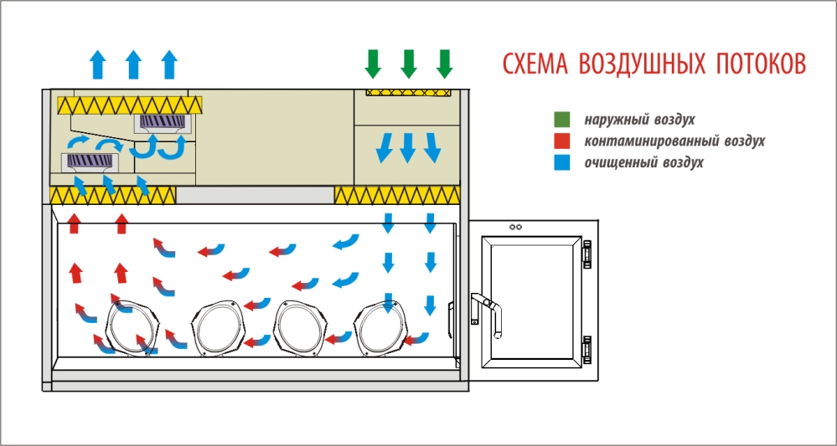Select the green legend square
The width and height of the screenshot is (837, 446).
(x=562, y=120)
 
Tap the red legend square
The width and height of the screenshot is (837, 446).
(x=562, y=141)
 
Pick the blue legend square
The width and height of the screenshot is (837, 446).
(x=562, y=162)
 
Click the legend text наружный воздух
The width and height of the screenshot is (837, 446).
(x=640, y=120)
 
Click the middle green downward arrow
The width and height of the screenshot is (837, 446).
(x=409, y=63)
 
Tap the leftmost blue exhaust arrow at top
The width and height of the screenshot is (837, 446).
(x=97, y=64)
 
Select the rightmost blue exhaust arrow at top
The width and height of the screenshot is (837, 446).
(x=170, y=64)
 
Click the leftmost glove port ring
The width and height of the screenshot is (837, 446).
(x=131, y=326)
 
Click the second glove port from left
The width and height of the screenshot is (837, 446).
(x=217, y=326)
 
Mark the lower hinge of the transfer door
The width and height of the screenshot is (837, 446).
(x=587, y=351)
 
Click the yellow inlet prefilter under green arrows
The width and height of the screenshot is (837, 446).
(x=409, y=90)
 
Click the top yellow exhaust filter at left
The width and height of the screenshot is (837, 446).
(x=130, y=105)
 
